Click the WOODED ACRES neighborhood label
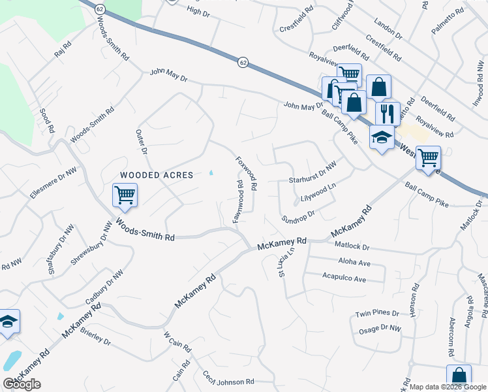[156, 175]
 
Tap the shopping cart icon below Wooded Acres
[124, 194]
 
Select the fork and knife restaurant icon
[388, 112]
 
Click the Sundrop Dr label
[298, 216]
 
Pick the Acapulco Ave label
[344, 278]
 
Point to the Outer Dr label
[141, 142]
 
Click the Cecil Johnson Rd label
[228, 380]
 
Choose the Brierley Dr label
[97, 338]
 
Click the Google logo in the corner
[22, 384]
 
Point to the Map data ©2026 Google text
[448, 387]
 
